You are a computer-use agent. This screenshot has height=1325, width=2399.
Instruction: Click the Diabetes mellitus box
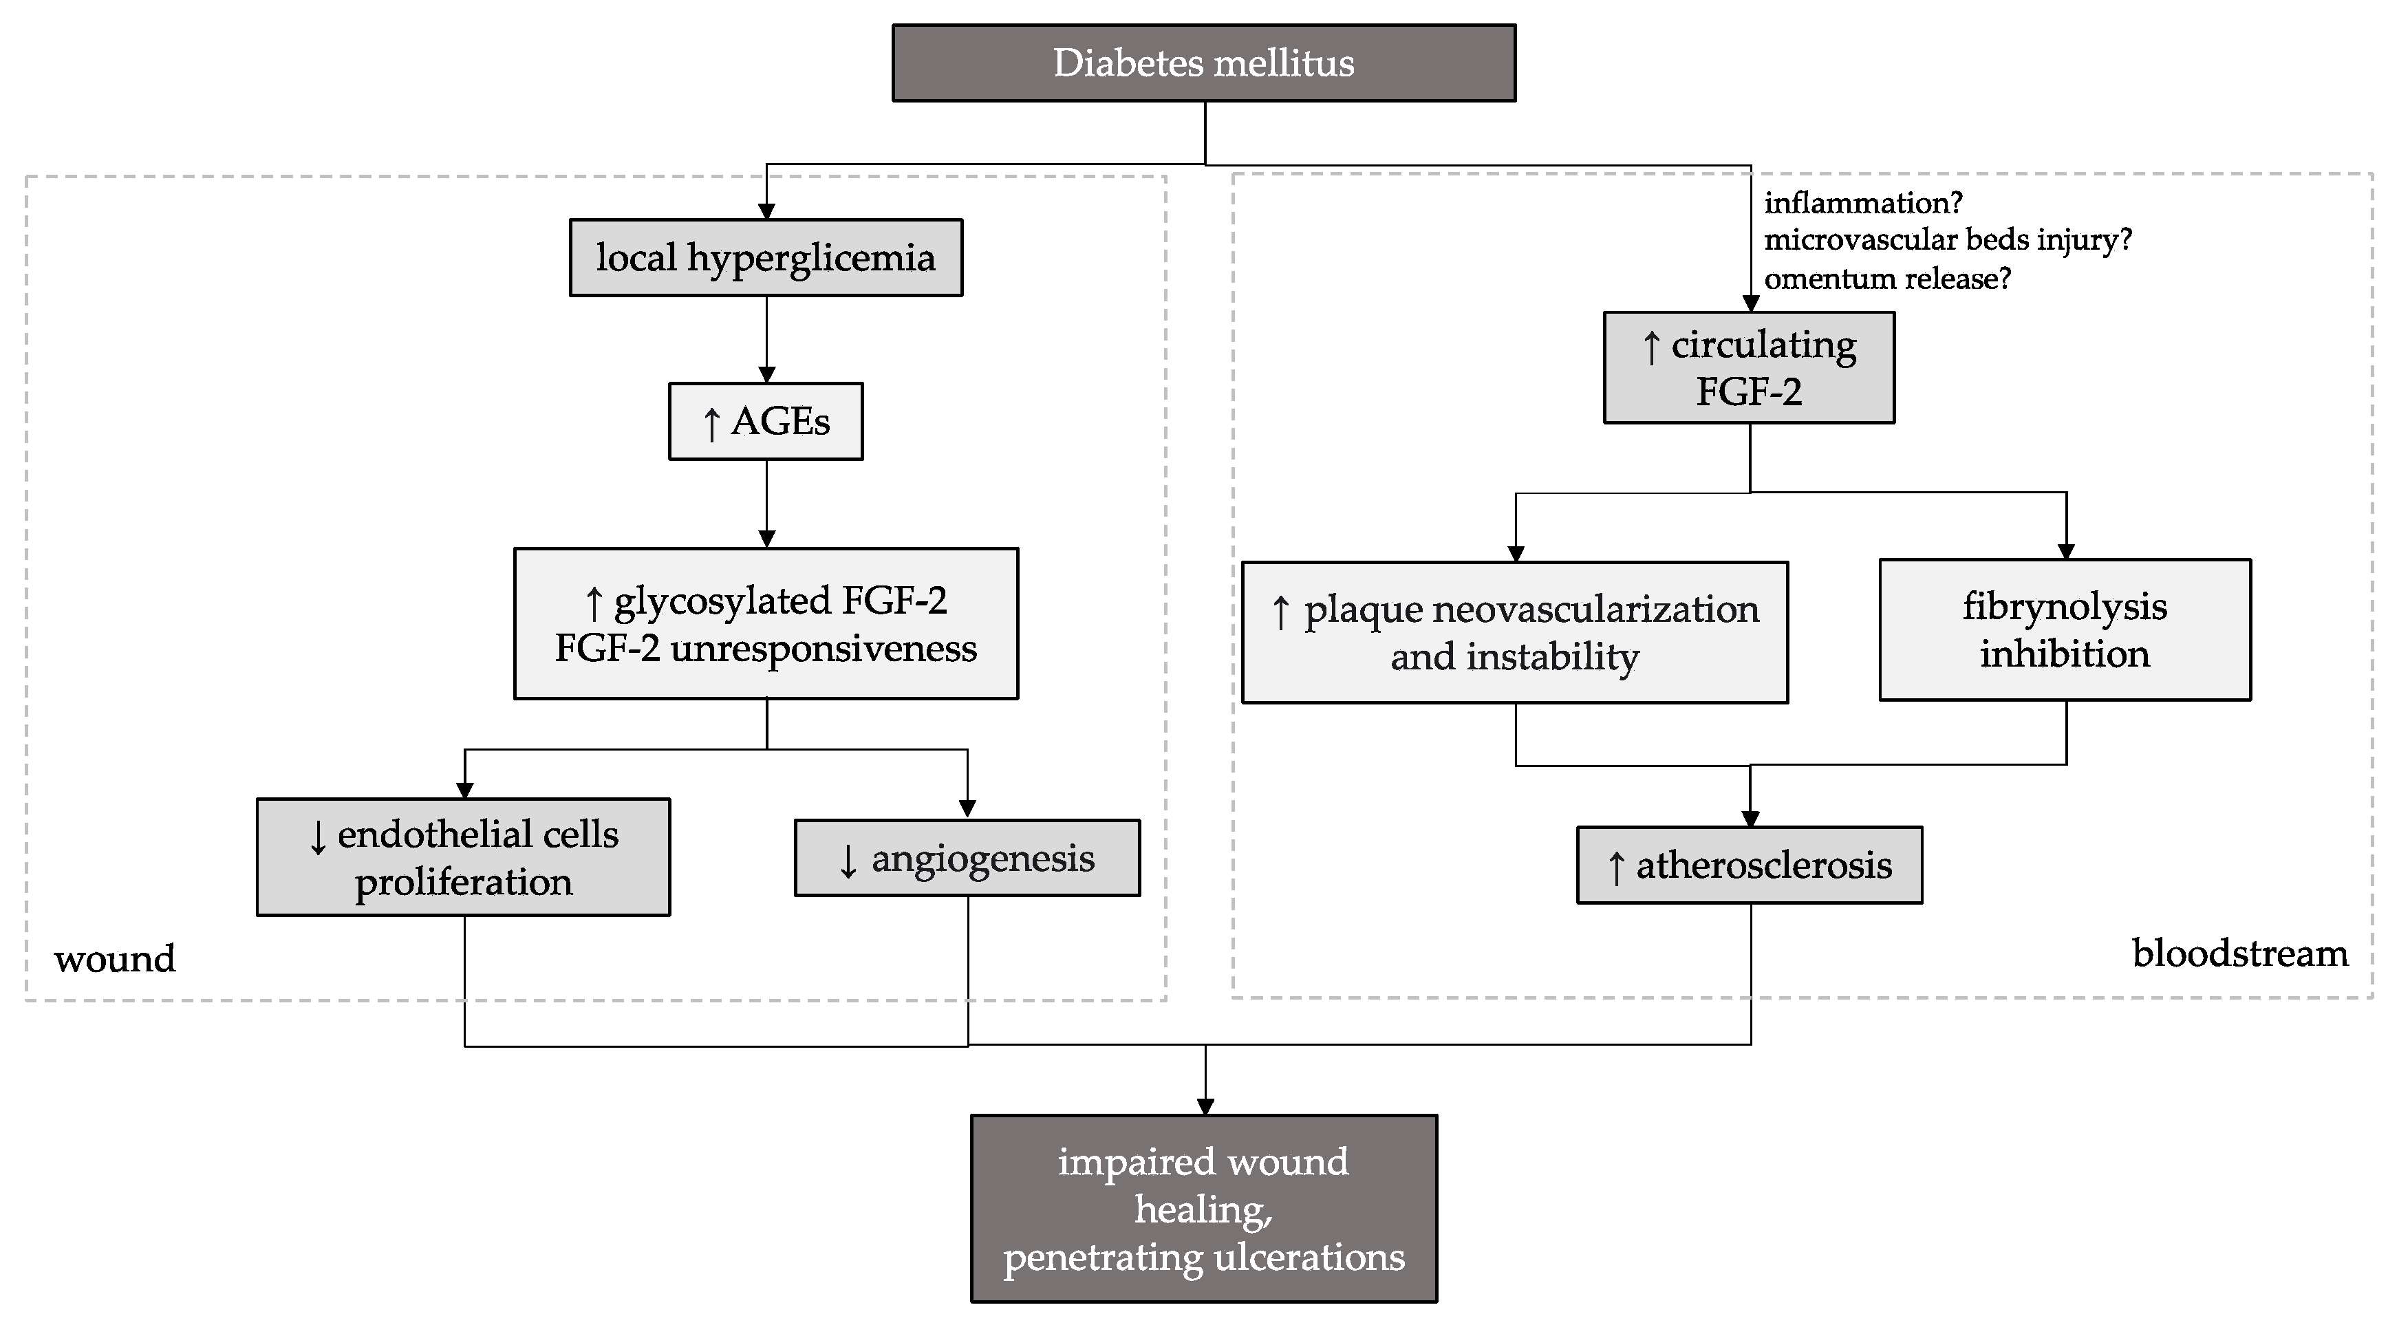(1203, 63)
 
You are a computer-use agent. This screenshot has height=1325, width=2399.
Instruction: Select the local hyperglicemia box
(766, 258)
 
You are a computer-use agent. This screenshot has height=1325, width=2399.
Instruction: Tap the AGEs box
(766, 422)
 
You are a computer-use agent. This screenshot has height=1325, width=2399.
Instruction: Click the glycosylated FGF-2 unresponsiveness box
(766, 624)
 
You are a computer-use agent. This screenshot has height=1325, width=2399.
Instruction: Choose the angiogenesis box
(967, 859)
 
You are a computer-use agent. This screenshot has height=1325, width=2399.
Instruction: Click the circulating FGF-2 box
(1748, 368)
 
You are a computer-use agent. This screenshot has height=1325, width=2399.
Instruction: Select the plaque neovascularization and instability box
(1514, 632)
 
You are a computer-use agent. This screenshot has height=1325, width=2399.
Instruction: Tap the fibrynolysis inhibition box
(2065, 630)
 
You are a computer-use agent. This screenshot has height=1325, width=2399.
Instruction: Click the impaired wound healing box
(1203, 1209)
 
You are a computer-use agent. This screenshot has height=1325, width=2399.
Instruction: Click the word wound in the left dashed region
(114, 959)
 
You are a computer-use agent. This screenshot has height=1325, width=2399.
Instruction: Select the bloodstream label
(2240, 954)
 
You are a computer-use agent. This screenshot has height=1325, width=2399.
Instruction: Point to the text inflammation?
(1862, 202)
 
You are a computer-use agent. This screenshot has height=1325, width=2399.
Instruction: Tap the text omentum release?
(1886, 279)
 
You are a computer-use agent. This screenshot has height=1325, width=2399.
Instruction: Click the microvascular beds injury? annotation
(1947, 239)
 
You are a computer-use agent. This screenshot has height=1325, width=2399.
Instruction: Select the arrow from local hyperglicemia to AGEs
(766, 339)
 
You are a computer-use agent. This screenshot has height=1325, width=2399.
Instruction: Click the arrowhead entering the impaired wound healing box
(1205, 1106)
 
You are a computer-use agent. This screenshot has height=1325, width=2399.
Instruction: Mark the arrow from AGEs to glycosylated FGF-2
(766, 503)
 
